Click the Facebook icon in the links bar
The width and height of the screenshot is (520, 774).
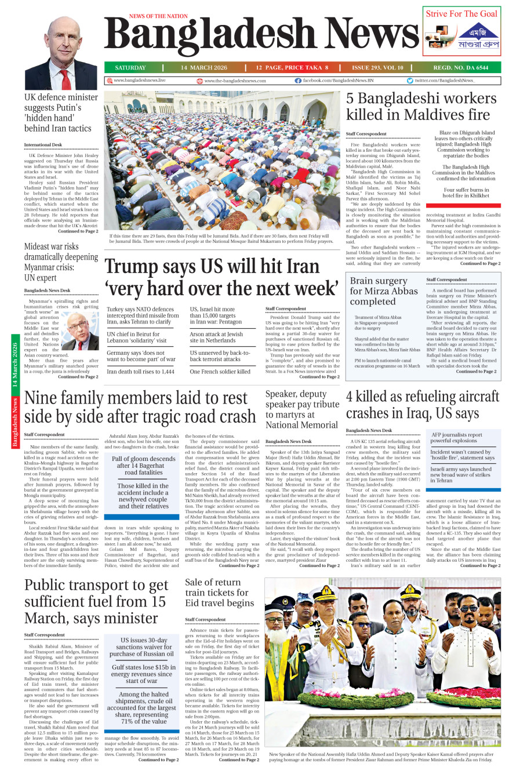[x=299, y=81]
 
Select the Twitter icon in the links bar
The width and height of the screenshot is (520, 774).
[x=410, y=81]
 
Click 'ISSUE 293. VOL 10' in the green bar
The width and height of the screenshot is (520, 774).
[x=377, y=68]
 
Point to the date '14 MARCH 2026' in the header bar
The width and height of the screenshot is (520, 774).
[x=203, y=68]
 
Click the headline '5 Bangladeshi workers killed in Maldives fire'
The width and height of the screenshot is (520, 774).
[x=421, y=106]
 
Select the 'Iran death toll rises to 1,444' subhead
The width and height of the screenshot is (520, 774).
[x=140, y=372]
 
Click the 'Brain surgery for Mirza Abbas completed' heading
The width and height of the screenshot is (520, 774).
[x=383, y=291]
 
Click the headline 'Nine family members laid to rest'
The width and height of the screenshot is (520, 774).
[x=140, y=407]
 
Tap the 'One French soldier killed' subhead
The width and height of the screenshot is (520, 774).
[x=220, y=372]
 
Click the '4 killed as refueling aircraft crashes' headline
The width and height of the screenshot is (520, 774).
[x=422, y=404]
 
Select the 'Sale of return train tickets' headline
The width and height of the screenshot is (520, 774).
[x=219, y=592]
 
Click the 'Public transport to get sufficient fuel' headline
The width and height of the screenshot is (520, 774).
[x=95, y=601]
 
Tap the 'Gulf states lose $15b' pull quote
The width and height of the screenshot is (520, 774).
[x=141, y=674]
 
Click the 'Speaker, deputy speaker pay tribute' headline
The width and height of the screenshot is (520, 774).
[x=302, y=409]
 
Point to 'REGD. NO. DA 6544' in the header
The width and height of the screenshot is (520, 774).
[x=460, y=68]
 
